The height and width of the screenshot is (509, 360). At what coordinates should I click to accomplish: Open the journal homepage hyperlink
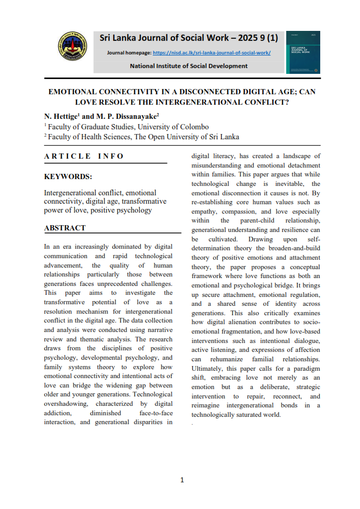pyautogui.click(x=212, y=53)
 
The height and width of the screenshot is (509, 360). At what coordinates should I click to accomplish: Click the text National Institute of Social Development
pyautogui.click(x=188, y=66)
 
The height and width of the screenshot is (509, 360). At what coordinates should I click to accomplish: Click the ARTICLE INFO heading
pyautogui.click(x=84, y=156)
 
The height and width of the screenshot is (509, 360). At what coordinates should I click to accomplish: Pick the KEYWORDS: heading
pyautogui.click(x=68, y=177)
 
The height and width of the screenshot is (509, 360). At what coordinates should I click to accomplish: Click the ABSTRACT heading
pyautogui.click(x=65, y=228)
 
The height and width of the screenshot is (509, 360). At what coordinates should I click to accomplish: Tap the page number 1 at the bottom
pyautogui.click(x=182, y=480)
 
